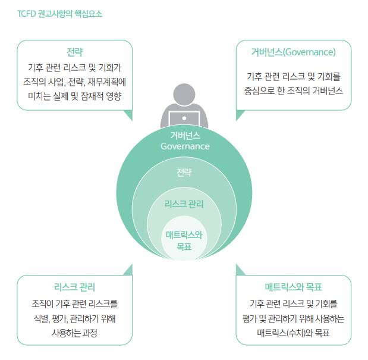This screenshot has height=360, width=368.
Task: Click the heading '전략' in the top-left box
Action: tap(75, 51)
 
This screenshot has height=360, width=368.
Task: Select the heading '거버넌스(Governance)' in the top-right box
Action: tap(294, 52)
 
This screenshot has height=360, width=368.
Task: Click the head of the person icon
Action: tap(184, 95)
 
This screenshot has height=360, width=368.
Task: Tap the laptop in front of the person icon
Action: tap(184, 119)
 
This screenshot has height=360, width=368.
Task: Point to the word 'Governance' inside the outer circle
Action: tap(185, 146)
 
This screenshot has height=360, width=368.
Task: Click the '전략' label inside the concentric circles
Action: tap(184, 173)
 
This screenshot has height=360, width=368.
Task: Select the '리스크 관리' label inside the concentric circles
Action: tap(184, 205)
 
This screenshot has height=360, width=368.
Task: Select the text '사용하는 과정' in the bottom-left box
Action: tap(75, 333)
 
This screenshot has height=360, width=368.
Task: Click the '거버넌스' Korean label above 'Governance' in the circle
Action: tap(185, 135)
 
